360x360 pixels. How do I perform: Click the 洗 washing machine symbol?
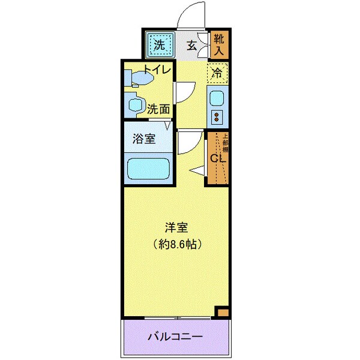[160, 44]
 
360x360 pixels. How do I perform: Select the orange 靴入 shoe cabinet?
[218, 44]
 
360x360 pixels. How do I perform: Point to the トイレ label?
[157, 70]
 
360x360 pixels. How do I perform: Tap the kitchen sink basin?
[216, 97]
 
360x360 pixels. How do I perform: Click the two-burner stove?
[216, 115]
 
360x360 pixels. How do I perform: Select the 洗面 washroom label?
[159, 109]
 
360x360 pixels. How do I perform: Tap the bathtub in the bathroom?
[149, 167]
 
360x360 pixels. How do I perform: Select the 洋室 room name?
[177, 228]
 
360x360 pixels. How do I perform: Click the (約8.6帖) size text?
[177, 244]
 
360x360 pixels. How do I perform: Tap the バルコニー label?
[175, 337]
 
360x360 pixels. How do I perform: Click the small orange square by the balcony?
[223, 313]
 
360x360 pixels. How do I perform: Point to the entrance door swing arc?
[191, 15]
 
